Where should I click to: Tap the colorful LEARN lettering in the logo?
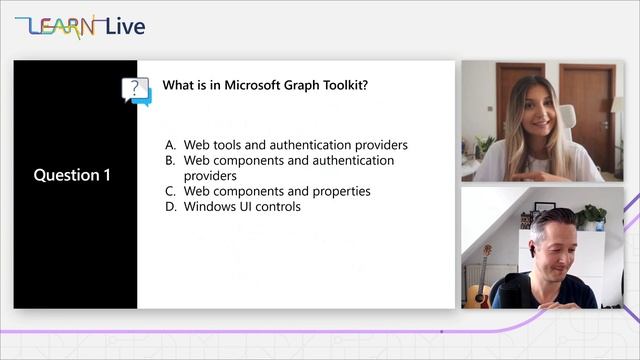tap(61, 26)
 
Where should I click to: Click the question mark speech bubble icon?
tap(135, 90)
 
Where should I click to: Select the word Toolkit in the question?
tap(344, 85)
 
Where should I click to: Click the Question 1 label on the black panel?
tap(72, 175)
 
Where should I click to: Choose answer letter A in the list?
tap(170, 145)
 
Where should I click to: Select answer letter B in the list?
tap(170, 160)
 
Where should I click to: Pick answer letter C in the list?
tap(170, 191)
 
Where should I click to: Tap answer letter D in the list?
tap(170, 207)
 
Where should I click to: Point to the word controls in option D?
tap(277, 207)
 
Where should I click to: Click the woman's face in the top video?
tap(532, 108)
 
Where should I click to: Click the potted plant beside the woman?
tap(485, 148)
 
